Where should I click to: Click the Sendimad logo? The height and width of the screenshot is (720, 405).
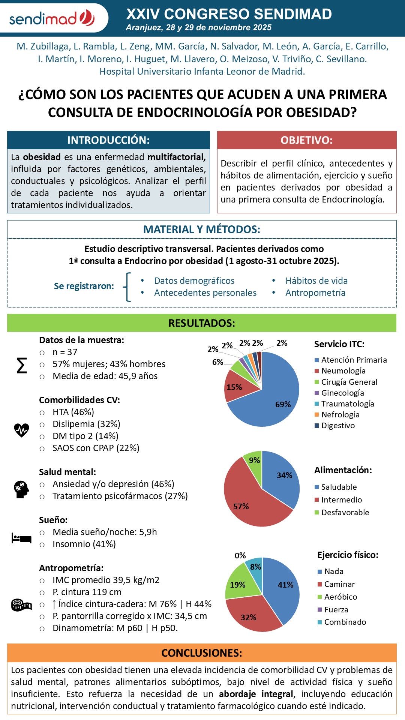52,18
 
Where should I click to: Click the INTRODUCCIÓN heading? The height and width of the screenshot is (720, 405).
108,140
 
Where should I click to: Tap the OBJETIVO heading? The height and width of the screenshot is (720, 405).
306,140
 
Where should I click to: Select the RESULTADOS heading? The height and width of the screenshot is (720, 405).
202,323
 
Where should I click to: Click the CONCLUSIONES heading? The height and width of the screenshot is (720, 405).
202,653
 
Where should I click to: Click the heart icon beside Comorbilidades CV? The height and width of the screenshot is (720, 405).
22,430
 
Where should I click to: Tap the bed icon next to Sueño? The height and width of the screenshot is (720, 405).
21,538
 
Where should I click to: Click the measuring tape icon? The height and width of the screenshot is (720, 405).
21,604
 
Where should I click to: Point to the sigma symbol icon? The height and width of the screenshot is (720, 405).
22,365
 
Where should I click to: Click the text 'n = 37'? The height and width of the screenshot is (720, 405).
65,352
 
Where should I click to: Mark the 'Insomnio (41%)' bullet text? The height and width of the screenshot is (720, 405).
84,544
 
